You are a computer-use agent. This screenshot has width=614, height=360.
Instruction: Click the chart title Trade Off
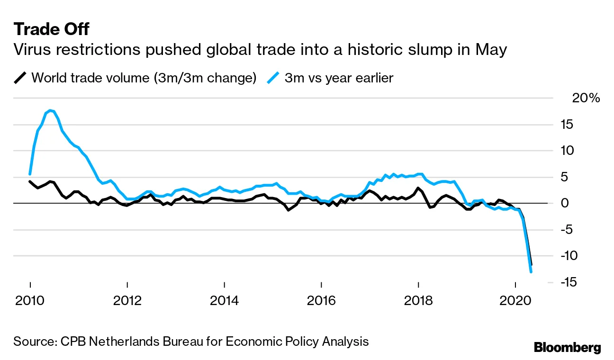click(x=51, y=29)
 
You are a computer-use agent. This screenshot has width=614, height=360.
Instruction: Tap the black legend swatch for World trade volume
click(x=20, y=78)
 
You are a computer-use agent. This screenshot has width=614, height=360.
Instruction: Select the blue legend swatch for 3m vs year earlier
click(x=273, y=78)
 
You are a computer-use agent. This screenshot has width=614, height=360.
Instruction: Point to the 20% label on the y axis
click(x=586, y=99)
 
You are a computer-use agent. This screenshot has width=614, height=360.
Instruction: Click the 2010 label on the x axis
click(x=30, y=301)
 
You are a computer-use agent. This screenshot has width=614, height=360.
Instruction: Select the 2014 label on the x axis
click(x=224, y=301)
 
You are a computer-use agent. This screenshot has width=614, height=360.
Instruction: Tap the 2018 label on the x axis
click(x=418, y=301)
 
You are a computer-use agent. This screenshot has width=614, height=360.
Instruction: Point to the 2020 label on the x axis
click(x=515, y=301)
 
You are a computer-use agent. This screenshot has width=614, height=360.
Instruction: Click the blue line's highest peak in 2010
click(x=50, y=110)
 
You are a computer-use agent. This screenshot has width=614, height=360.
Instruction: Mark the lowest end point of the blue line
click(x=531, y=272)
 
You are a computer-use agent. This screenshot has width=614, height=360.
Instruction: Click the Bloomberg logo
click(x=567, y=347)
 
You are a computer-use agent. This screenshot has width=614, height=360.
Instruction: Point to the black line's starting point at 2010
click(x=30, y=181)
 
